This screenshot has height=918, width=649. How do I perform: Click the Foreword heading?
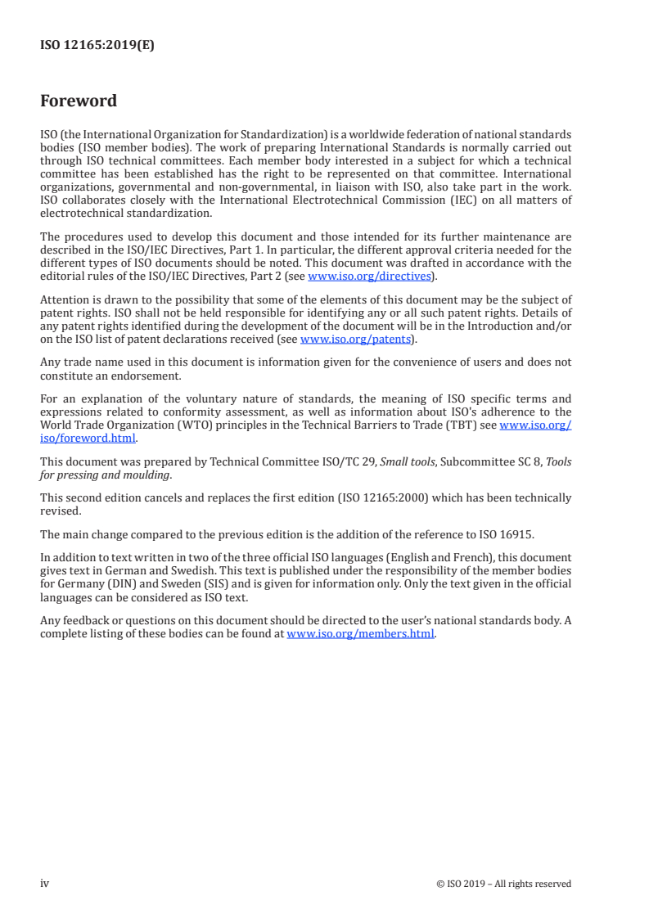coord(79,101)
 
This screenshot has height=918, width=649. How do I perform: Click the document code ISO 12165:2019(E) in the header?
coord(97,46)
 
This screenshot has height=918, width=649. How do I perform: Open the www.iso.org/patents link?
coord(358,339)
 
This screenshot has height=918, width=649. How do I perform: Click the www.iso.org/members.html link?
coord(360,634)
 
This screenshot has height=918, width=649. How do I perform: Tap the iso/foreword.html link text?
coord(88,438)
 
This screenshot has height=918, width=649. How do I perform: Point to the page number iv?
coord(44,883)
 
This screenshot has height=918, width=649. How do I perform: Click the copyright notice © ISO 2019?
coord(504,884)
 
